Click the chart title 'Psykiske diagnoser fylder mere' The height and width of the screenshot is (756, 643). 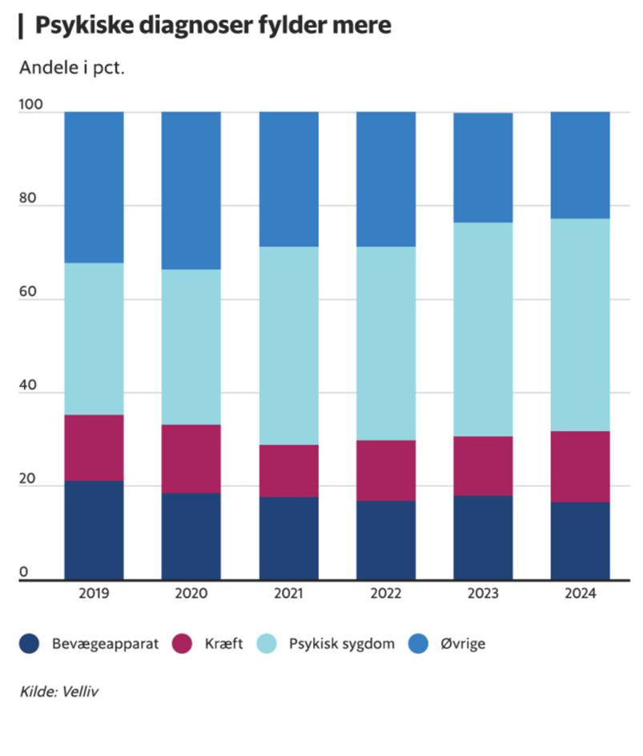tap(213, 26)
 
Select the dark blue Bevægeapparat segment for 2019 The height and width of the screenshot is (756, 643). tap(94, 529)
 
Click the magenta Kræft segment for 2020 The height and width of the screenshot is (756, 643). tap(191, 458)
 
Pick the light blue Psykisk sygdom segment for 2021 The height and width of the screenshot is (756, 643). tap(288, 345)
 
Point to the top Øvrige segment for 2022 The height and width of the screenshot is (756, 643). tap(386, 179)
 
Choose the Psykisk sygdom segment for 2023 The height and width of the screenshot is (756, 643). tap(483, 328)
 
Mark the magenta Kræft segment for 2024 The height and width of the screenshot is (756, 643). tap(580, 466)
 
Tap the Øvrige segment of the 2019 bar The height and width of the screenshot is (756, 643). tap(94, 187)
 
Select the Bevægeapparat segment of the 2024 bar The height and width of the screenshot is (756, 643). tap(580, 540)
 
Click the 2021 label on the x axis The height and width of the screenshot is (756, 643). tap(288, 594)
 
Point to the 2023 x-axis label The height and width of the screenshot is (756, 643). tap(483, 594)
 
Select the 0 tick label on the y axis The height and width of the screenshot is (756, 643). tap(25, 572)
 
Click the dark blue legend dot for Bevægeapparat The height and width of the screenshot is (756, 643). tap(31, 643)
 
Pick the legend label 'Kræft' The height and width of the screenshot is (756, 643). tap(224, 643)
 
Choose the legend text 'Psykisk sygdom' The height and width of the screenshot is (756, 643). tap(342, 643)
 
